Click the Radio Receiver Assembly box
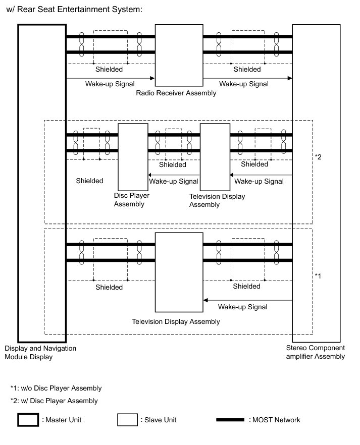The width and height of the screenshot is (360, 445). [x=179, y=55]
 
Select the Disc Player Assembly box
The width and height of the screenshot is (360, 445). [x=132, y=156]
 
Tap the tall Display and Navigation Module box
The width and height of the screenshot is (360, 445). [x=42, y=182]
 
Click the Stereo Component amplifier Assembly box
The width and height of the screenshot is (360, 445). [x=316, y=182]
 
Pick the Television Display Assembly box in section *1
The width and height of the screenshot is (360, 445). [x=179, y=272]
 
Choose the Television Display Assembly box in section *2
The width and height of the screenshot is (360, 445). [x=215, y=156]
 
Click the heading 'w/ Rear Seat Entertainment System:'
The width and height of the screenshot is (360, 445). [x=75, y=10]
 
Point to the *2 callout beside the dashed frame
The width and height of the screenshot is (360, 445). [x=318, y=157]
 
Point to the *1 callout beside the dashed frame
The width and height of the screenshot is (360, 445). [x=318, y=275]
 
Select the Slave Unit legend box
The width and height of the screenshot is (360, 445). [x=128, y=420]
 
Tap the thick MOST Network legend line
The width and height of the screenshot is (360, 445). [x=230, y=420]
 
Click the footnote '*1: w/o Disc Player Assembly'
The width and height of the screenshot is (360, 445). [x=56, y=388]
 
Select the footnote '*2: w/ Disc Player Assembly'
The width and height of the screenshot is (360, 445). [x=55, y=401]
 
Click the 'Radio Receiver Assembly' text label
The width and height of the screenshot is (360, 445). [x=176, y=93]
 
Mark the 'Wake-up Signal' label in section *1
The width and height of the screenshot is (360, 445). [x=242, y=307]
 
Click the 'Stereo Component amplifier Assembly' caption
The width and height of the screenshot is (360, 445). [x=316, y=352]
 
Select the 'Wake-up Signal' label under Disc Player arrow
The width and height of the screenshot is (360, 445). [x=173, y=181]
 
